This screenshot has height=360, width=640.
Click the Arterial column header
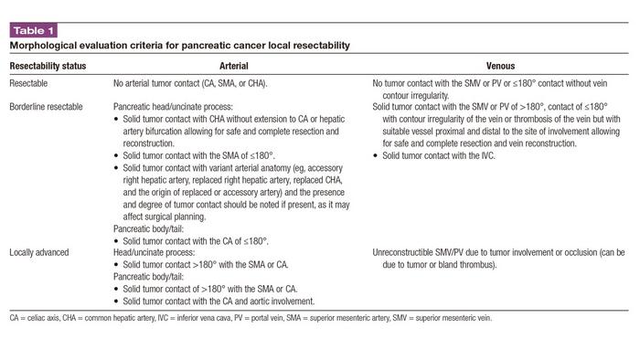(x=235, y=67)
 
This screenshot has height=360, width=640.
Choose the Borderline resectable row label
(x=46, y=107)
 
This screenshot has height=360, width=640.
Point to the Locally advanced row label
(x=40, y=250)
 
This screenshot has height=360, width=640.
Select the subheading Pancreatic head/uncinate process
(x=174, y=107)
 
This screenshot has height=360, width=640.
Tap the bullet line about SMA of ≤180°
(x=196, y=156)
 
